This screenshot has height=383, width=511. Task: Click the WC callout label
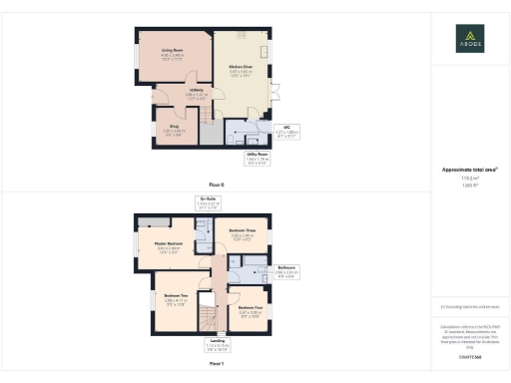pyautogui.click(x=286, y=126)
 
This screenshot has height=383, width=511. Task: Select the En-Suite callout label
pyautogui.click(x=208, y=200)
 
